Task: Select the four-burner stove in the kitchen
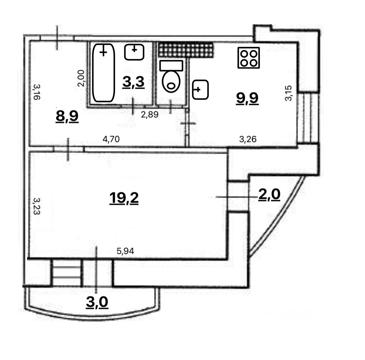coord(249,58)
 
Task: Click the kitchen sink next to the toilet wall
coord(200,90)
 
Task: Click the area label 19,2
coord(124,198)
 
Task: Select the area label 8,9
coord(67,116)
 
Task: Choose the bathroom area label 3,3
coord(133,83)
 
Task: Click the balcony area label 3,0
coord(97,302)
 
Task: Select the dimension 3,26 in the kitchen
coord(248,139)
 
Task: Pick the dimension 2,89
coord(150,115)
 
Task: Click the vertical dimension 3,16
coord(36,91)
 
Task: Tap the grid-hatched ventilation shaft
coord(186,50)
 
